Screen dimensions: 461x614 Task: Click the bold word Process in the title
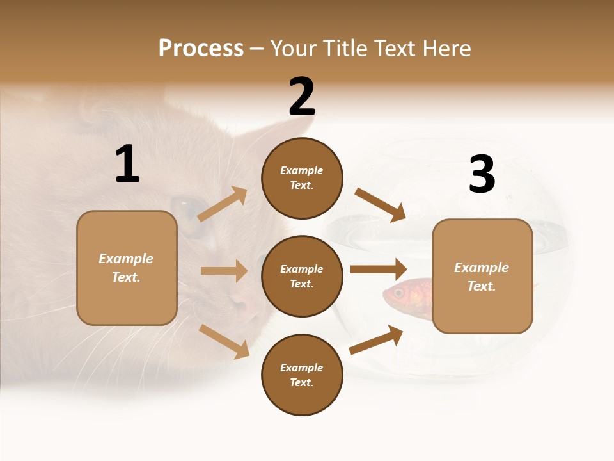tap(201, 49)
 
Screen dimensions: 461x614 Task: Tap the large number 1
tap(127, 165)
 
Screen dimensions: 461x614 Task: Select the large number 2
tap(302, 97)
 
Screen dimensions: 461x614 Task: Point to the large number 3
tap(482, 174)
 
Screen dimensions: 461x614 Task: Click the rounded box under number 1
tap(127, 268)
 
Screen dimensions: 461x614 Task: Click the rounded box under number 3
tap(482, 276)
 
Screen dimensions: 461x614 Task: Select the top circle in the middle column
tap(302, 178)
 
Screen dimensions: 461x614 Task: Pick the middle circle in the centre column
tap(302, 276)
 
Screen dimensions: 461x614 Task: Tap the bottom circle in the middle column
tap(302, 375)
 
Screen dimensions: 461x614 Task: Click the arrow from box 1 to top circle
tap(223, 204)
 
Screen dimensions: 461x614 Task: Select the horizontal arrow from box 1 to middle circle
tap(224, 271)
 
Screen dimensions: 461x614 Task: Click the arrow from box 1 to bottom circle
tap(224, 341)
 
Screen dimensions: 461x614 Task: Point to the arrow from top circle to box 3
tap(380, 204)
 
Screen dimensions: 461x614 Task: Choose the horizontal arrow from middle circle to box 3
tap(379, 269)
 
